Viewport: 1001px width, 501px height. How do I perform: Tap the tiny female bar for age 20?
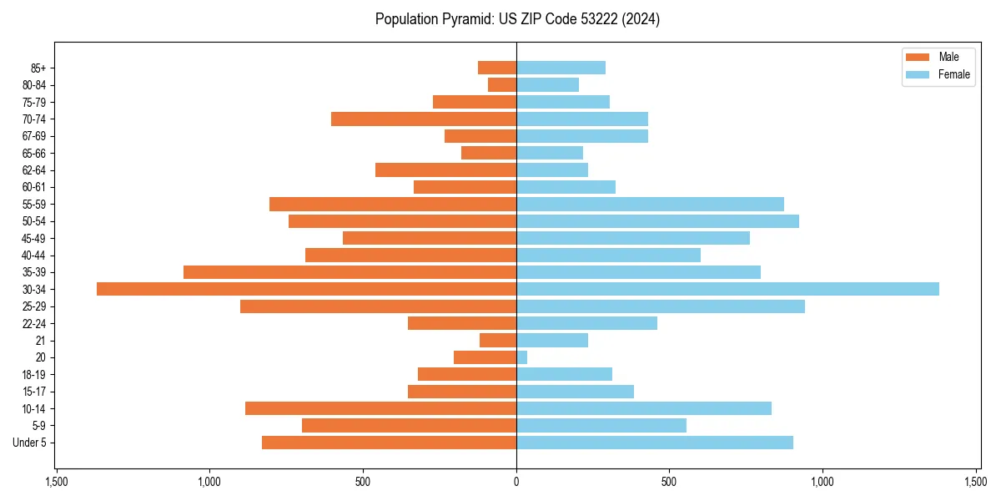coord(522,357)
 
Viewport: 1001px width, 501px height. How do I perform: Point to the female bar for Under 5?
coord(655,443)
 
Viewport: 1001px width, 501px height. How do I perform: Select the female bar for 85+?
coord(561,68)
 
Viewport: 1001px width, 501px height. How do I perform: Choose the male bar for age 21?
coord(498,340)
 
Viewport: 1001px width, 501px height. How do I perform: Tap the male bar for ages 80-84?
coord(502,85)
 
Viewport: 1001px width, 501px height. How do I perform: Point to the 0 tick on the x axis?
coord(516,482)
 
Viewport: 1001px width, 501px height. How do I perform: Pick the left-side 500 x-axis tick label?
coord(363,482)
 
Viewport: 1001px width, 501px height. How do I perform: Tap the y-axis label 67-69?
coord(34,136)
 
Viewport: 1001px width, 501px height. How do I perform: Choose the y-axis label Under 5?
coord(30,443)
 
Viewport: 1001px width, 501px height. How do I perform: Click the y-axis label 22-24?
coord(34,323)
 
